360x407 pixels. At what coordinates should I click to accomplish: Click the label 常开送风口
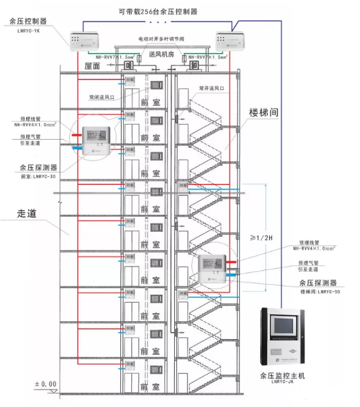212,88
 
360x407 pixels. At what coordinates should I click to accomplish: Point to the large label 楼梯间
264,112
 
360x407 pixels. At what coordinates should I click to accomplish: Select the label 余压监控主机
283,376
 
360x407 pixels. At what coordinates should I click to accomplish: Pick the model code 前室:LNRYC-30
38,177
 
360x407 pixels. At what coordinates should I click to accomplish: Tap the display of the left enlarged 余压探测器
96,136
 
